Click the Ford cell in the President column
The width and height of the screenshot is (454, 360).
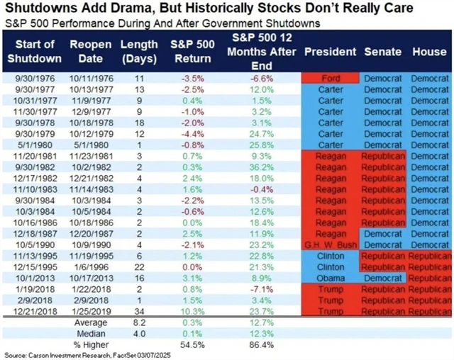331,78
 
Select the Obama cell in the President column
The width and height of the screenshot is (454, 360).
331,279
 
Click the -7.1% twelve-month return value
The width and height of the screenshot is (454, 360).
258,288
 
